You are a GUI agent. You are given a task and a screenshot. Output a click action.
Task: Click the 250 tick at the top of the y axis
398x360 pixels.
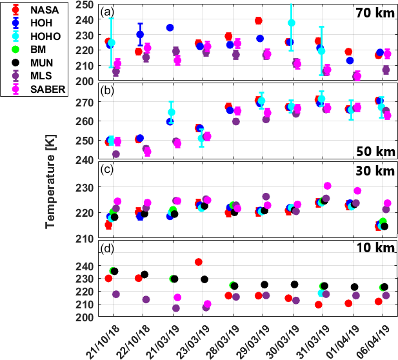point(86,4)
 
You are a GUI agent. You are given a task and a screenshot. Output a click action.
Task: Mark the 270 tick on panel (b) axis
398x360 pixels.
point(86,102)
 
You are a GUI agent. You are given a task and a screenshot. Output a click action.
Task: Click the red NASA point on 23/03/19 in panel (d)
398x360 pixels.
point(199,262)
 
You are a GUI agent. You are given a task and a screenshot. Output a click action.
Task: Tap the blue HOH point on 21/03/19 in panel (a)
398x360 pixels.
point(170,28)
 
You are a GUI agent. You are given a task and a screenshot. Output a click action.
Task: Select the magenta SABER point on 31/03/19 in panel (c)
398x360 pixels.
point(328,186)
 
